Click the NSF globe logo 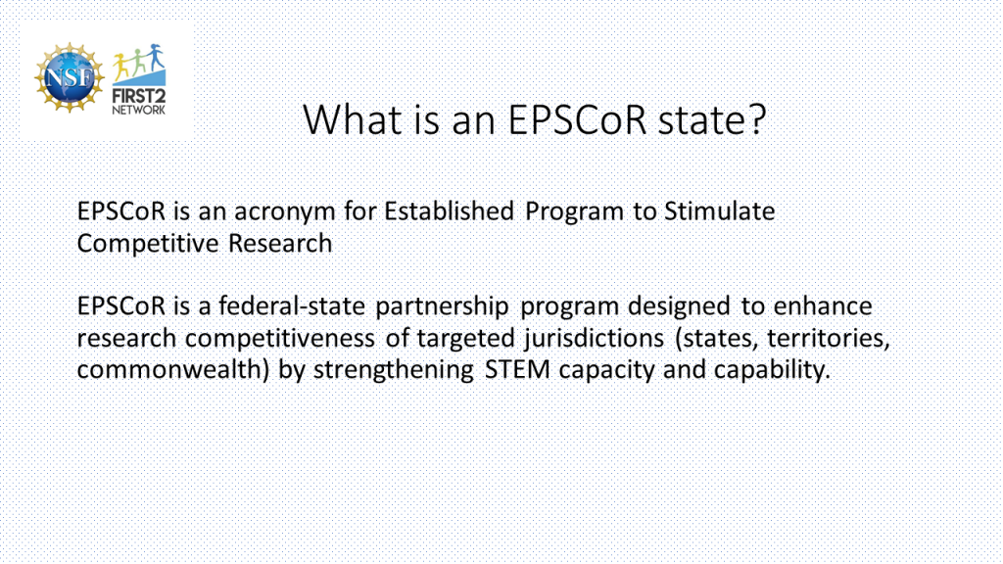(70, 78)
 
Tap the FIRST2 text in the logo (139, 97)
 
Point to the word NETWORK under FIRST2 (139, 110)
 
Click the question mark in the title (757, 118)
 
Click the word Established (449, 211)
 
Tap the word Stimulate (720, 211)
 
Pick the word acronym (285, 212)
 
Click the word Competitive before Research (148, 244)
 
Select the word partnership (442, 306)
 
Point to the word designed (679, 306)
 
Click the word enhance (823, 306)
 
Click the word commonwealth (168, 369)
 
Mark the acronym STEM (517, 369)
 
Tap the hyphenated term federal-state (292, 306)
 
